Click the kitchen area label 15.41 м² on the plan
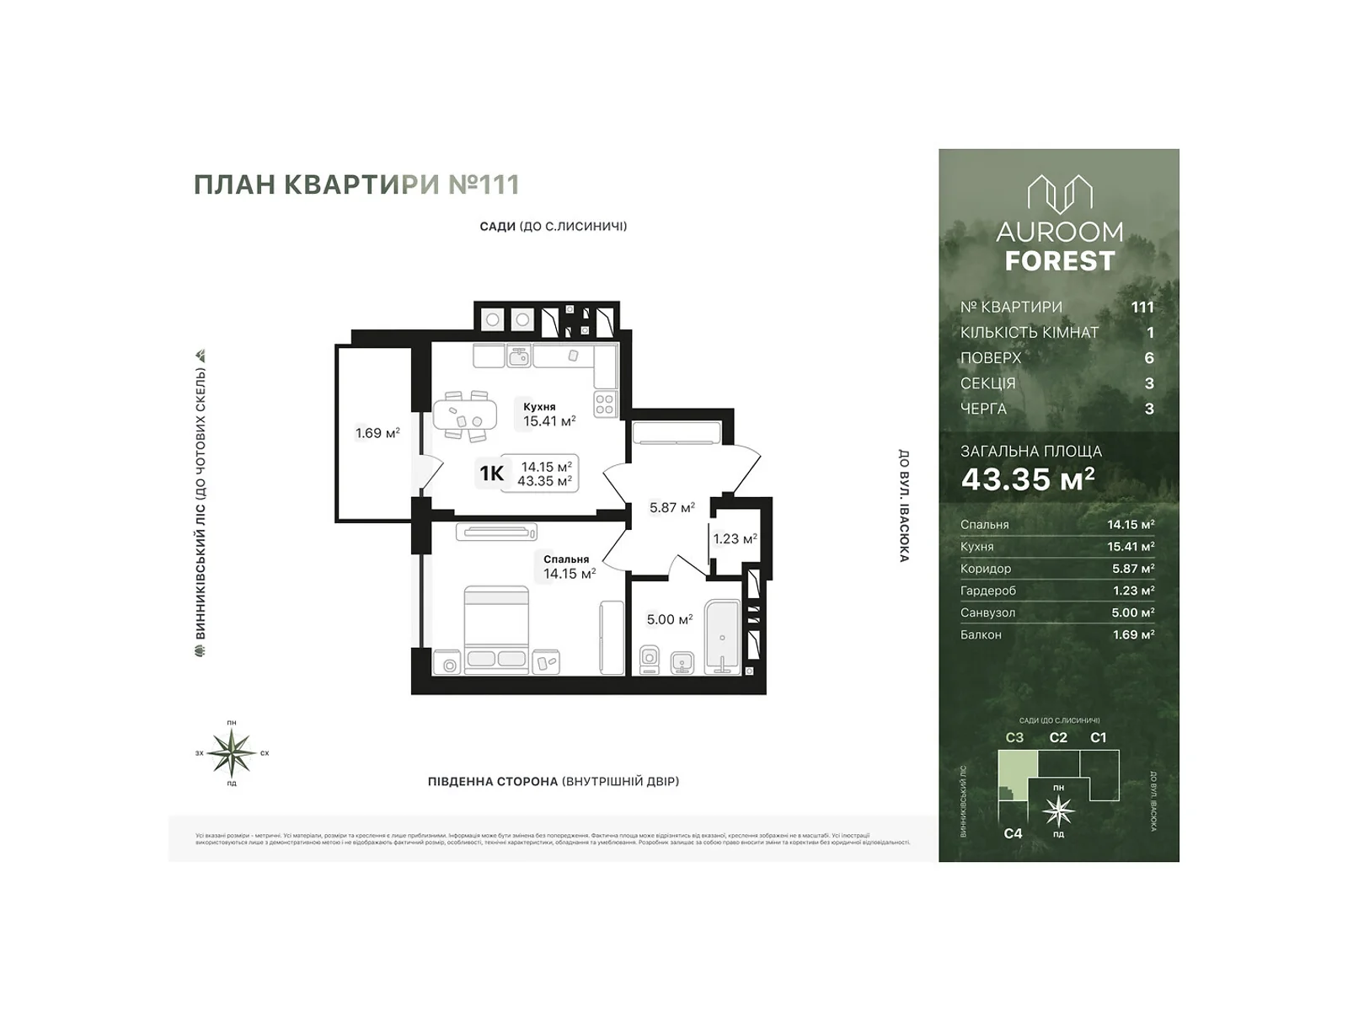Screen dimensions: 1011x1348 (548, 421)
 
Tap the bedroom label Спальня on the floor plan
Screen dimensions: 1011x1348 (565, 559)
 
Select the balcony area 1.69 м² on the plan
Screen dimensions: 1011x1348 (377, 433)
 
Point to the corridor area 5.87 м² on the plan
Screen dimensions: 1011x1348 (671, 508)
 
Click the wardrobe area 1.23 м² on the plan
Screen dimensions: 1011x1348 (735, 539)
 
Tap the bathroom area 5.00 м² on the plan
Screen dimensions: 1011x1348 (669, 619)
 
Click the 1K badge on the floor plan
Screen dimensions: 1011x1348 (491, 473)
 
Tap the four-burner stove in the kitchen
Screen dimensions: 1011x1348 (605, 404)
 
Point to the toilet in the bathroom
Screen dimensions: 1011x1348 (650, 659)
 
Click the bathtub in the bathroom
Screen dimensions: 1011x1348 (722, 637)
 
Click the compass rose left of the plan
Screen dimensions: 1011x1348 (232, 752)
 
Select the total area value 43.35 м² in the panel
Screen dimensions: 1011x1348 (1028, 479)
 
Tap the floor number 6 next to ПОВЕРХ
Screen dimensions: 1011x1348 (1148, 358)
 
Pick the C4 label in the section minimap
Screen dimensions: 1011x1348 (1013, 833)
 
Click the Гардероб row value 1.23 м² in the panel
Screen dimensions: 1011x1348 (1131, 591)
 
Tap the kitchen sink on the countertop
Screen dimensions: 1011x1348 (519, 357)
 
